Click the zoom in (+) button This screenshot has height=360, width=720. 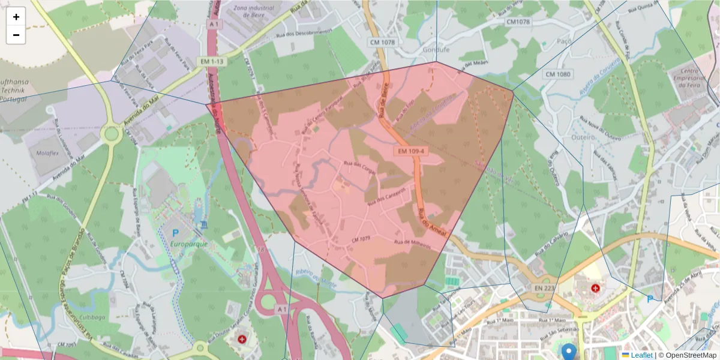16,17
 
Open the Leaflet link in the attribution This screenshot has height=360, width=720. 641,355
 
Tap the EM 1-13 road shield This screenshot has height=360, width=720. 213,61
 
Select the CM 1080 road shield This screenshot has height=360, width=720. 557,74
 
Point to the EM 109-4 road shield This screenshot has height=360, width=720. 410,151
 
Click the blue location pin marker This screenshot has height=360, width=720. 568,351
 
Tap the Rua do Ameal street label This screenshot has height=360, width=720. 433,223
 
